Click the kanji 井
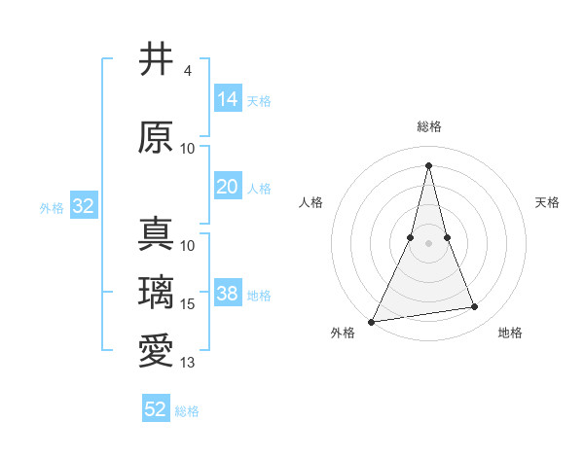click(x=156, y=60)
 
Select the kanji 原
click(x=156, y=138)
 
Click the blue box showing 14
click(x=228, y=99)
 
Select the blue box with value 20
click(x=228, y=188)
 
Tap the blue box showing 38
click(x=228, y=295)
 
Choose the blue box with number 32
click(x=83, y=207)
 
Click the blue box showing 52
click(x=156, y=409)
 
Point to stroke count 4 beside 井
click(x=188, y=71)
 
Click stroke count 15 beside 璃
click(x=189, y=304)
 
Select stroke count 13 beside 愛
click(x=189, y=363)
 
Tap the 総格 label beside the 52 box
click(x=187, y=411)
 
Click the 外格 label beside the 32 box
click(x=52, y=208)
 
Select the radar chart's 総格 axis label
click(x=429, y=126)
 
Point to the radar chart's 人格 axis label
click(x=310, y=202)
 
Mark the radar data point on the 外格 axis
click(x=372, y=321)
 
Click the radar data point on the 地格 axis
click(x=475, y=307)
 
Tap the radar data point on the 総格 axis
click(x=428, y=164)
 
